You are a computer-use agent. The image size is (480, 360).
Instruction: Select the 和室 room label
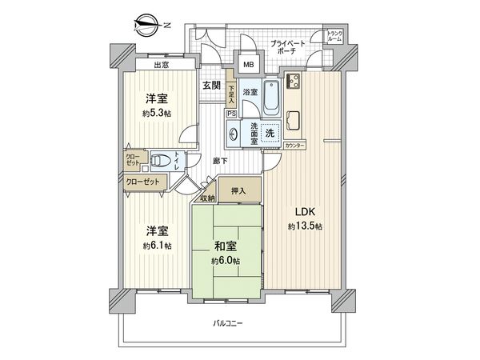click(225, 247)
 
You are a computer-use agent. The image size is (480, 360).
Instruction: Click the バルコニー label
click(228, 323)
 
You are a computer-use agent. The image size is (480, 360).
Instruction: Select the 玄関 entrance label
click(211, 86)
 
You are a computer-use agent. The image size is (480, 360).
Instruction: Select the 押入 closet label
click(239, 190)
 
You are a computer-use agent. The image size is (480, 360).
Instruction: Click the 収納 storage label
click(207, 198)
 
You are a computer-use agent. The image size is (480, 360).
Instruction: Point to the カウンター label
click(294, 146)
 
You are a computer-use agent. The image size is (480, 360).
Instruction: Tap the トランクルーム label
click(334, 36)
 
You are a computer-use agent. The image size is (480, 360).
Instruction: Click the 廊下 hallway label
click(221, 161)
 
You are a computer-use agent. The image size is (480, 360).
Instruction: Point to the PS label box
click(231, 114)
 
